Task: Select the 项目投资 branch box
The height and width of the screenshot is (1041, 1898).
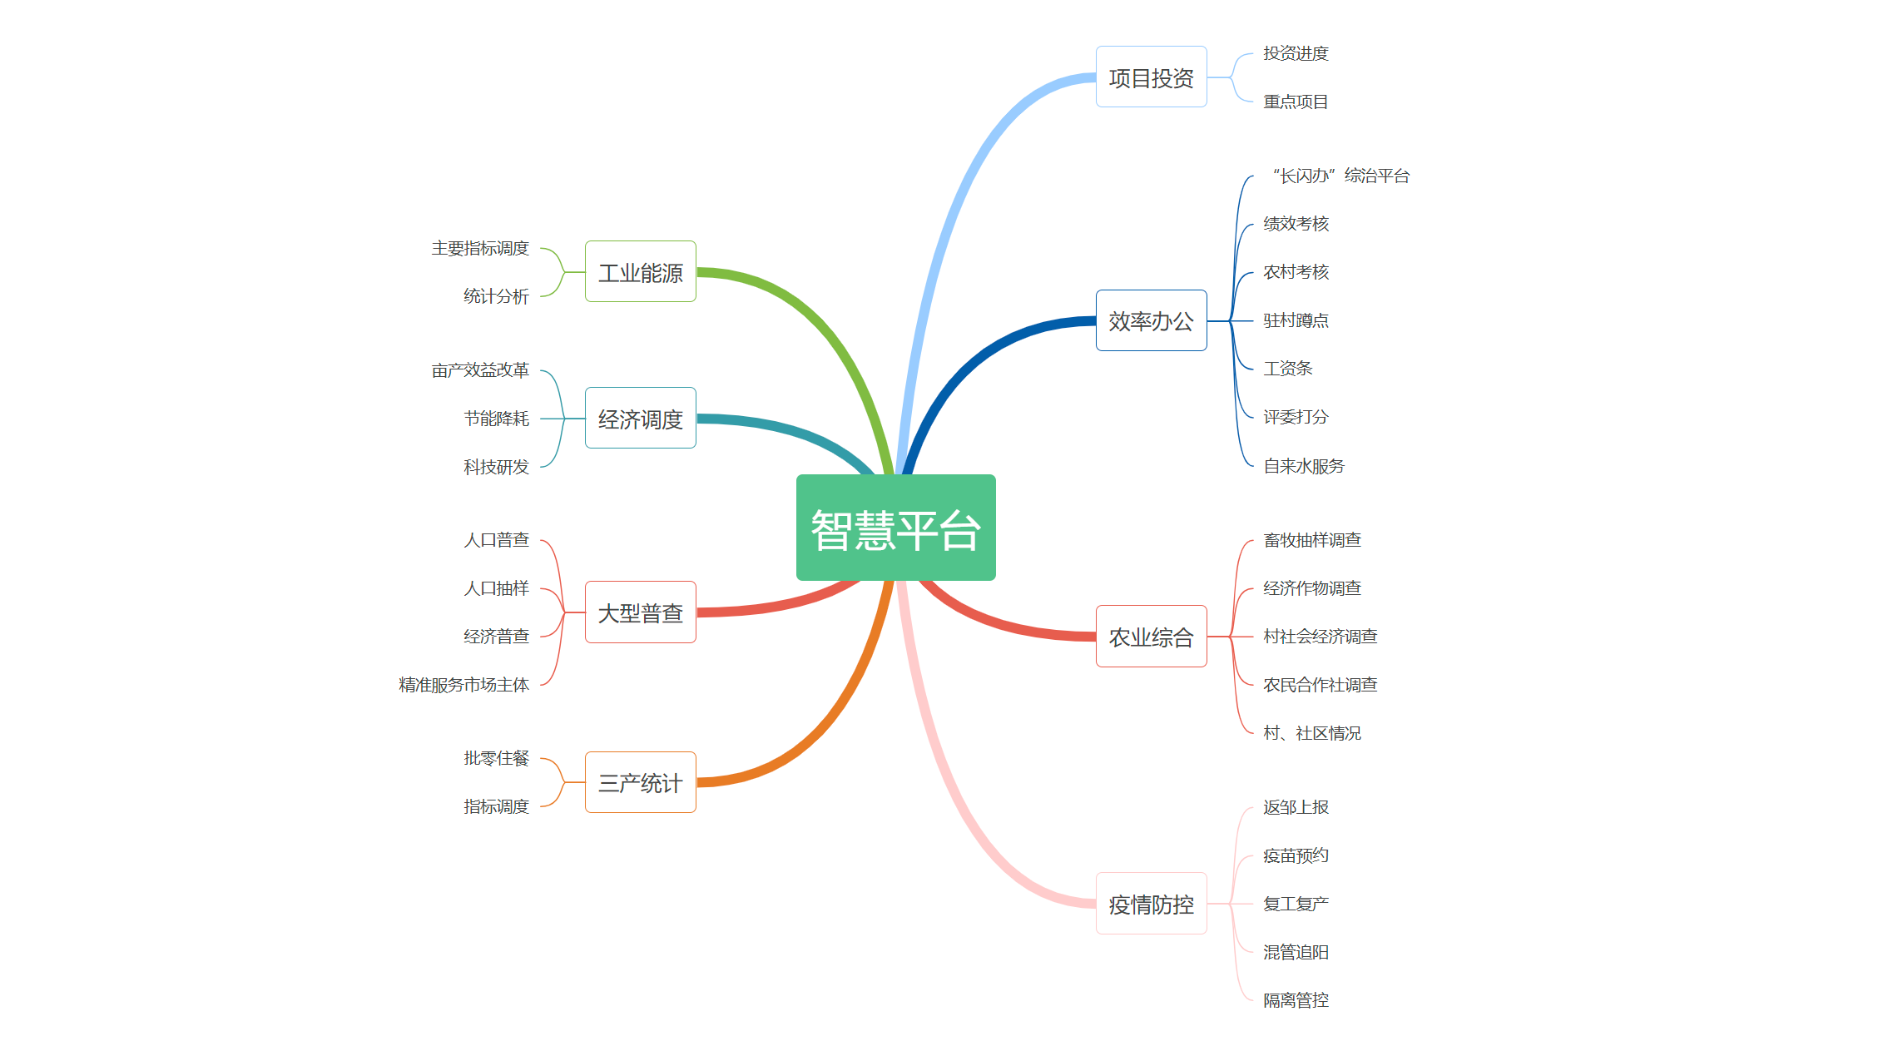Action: point(1151,77)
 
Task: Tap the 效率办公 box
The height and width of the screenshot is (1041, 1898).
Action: point(1151,320)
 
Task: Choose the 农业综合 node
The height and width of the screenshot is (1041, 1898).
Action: point(1151,637)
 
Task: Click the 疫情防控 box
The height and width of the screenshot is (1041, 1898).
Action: point(1151,904)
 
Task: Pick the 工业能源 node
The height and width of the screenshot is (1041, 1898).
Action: point(640,272)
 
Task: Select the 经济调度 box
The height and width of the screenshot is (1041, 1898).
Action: point(640,419)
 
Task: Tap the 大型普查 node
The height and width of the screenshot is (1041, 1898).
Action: point(640,612)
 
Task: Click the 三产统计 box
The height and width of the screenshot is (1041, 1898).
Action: point(640,782)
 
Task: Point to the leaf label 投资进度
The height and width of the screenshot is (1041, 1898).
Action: point(1296,53)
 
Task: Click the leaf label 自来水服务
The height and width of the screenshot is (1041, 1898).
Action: point(1303,466)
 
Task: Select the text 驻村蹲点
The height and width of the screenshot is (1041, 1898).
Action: point(1296,320)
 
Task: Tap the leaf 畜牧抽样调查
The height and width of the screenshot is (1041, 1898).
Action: point(1311,540)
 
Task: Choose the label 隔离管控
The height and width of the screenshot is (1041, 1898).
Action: point(1296,1000)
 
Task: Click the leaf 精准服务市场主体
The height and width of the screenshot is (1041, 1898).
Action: point(463,685)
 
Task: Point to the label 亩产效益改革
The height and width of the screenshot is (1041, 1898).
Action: point(480,370)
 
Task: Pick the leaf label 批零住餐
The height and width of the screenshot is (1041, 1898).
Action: point(496,758)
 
